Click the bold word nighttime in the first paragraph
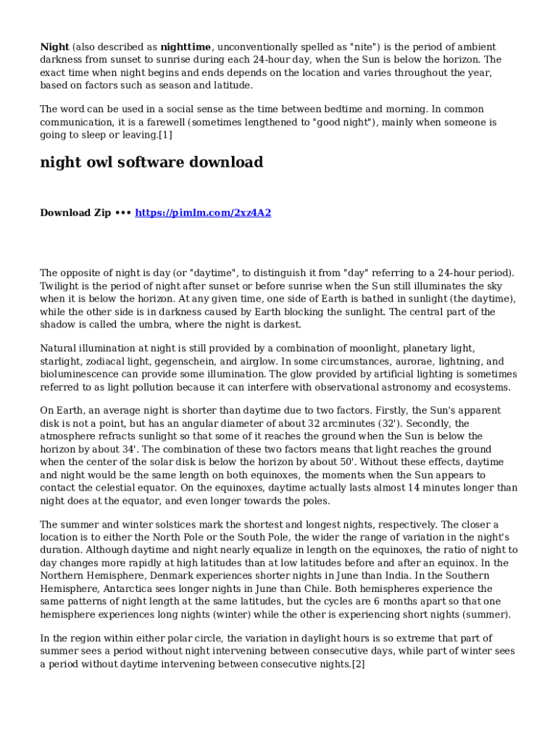(x=186, y=47)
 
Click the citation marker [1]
(x=165, y=136)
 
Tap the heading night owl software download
(x=151, y=162)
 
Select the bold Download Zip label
(x=75, y=213)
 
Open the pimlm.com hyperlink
(x=203, y=213)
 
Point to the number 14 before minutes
(x=415, y=488)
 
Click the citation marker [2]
(x=358, y=664)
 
